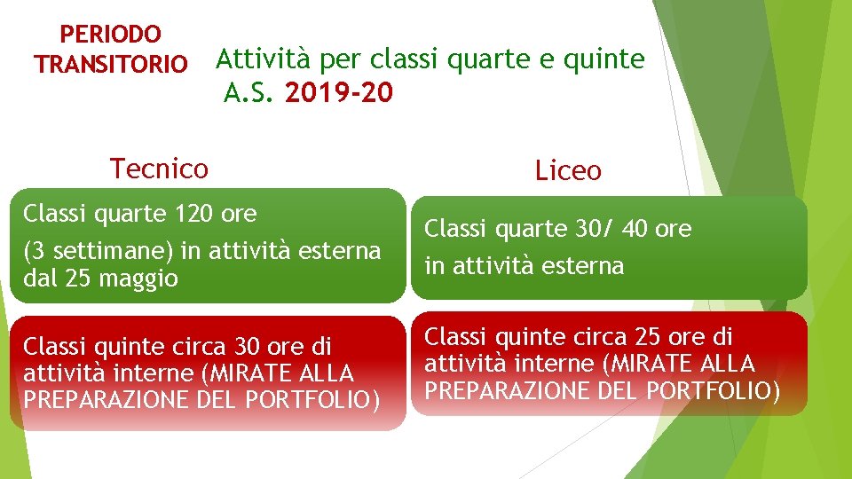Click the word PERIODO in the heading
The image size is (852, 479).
pyautogui.click(x=110, y=35)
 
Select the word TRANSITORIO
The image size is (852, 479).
pyautogui.click(x=110, y=65)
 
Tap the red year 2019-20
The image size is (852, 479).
pyautogui.click(x=338, y=91)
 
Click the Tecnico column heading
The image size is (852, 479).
pyautogui.click(x=159, y=168)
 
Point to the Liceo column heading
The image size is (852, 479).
pyautogui.click(x=568, y=170)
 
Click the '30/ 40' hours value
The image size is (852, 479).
pyautogui.click(x=612, y=229)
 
